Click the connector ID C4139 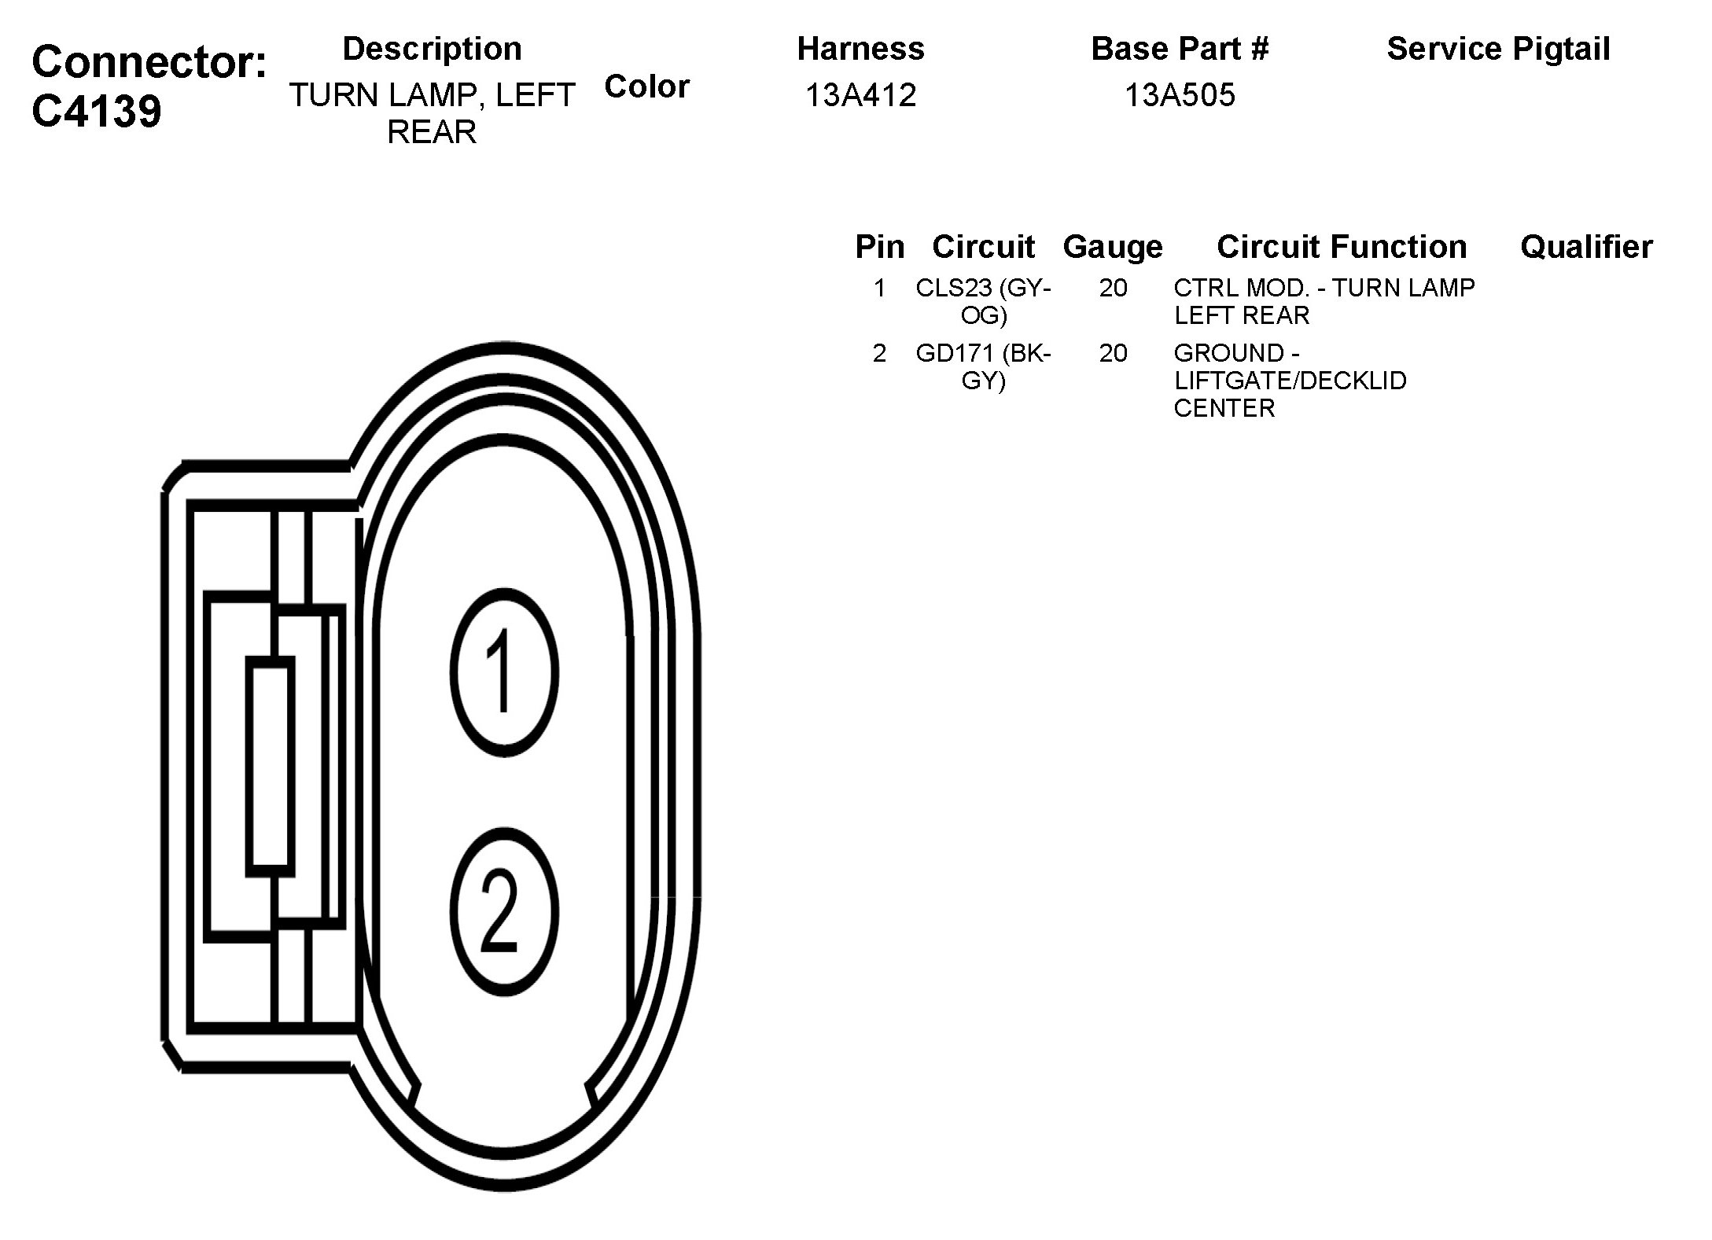(97, 111)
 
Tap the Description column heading (432, 49)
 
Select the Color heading (646, 86)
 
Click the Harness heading (860, 49)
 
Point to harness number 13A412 (860, 95)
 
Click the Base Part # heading (1180, 49)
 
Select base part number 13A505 (1180, 95)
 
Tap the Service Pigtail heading (1498, 49)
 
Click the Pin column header (879, 247)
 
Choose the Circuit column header (983, 247)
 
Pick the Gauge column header (1112, 247)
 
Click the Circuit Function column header (1342, 247)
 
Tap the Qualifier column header (1586, 247)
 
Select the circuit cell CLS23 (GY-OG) (983, 301)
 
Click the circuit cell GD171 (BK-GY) (983, 366)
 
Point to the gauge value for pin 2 (1113, 353)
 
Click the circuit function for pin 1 (1324, 301)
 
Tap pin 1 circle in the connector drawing (504, 672)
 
